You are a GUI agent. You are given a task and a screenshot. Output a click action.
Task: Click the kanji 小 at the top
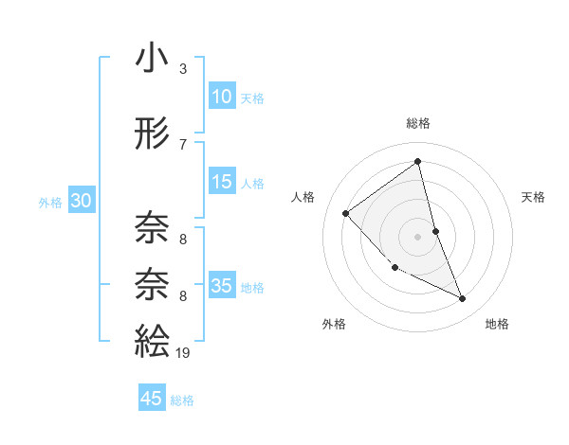(x=152, y=59)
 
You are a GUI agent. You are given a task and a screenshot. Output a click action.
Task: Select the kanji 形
(x=152, y=134)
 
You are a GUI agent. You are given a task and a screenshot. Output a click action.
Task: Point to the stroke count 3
(x=183, y=69)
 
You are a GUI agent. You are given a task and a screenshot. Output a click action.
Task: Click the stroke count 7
(x=183, y=144)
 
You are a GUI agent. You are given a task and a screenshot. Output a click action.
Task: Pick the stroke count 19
(x=184, y=352)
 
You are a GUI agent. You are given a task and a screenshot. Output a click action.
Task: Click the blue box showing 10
(x=221, y=97)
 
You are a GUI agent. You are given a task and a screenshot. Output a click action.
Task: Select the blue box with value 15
(x=221, y=182)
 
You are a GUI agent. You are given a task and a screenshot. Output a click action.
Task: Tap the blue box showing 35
(x=221, y=286)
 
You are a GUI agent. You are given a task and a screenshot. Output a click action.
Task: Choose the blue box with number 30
(x=81, y=201)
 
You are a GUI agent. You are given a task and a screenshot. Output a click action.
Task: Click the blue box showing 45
(x=152, y=399)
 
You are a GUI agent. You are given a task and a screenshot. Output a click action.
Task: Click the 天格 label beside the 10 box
(x=251, y=98)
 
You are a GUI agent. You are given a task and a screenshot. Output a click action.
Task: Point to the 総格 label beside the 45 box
(x=182, y=400)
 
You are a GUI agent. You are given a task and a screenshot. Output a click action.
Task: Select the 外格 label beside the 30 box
(x=50, y=202)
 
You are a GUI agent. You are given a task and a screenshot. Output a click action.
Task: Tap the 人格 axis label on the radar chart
(x=303, y=197)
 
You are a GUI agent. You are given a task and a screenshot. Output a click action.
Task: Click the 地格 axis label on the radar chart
(x=497, y=324)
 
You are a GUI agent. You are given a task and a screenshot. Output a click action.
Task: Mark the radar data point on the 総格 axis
(x=417, y=161)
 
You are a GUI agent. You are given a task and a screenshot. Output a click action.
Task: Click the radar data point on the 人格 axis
(x=346, y=213)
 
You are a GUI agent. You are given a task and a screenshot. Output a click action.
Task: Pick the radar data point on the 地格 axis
(x=462, y=299)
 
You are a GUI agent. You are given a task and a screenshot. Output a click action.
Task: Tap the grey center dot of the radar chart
(x=417, y=236)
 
